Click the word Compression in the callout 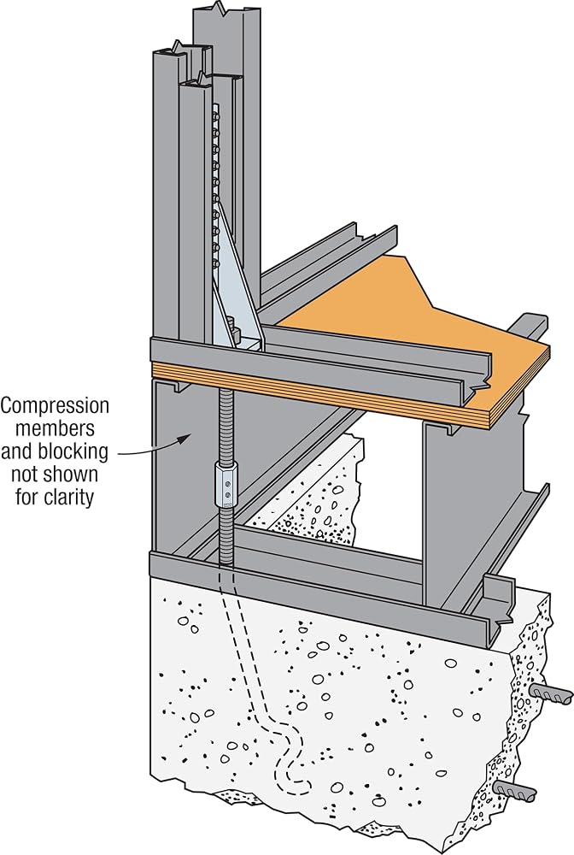[55, 406]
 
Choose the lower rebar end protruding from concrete [515, 789]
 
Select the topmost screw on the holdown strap [216, 116]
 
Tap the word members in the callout [55, 429]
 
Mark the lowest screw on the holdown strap [217, 265]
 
